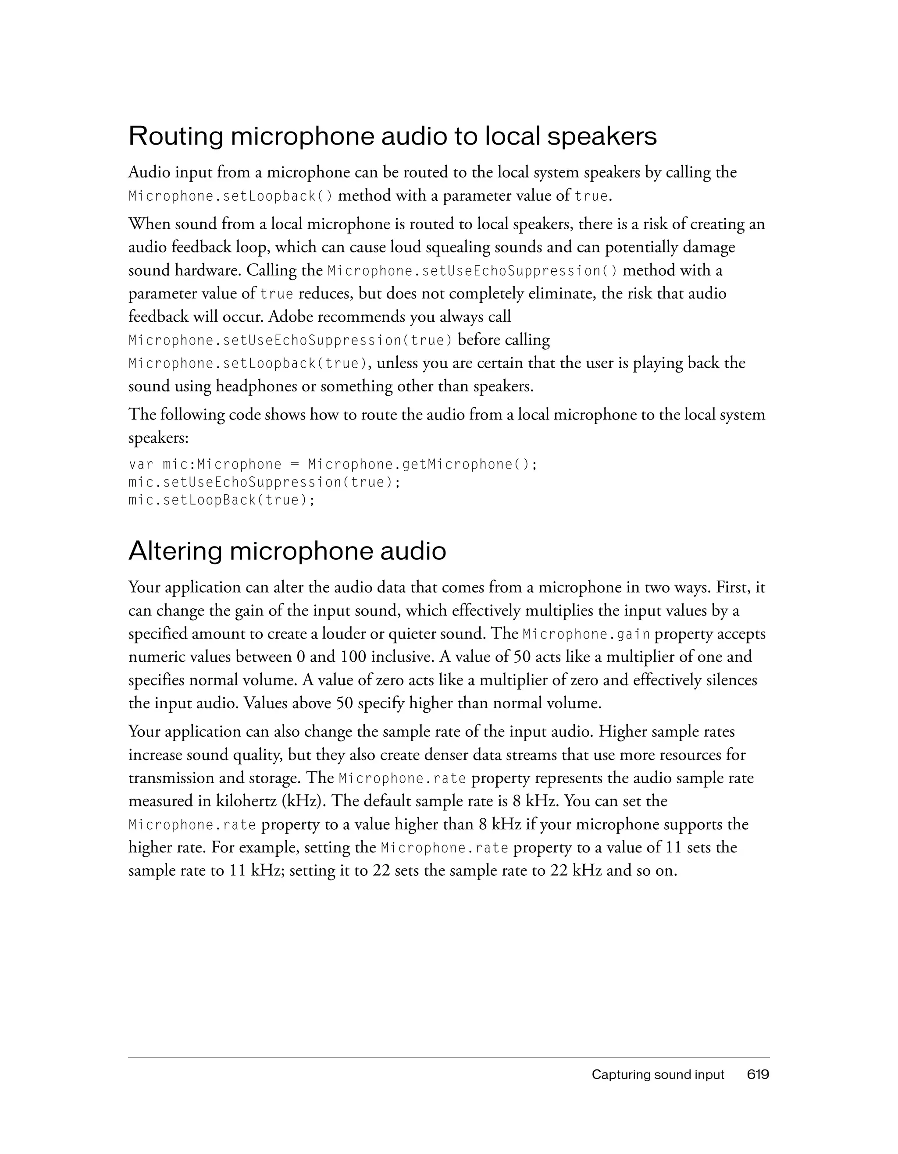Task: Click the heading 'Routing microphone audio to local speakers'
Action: pyautogui.click(x=392, y=136)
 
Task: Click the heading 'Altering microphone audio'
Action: pyautogui.click(x=287, y=551)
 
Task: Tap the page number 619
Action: pyautogui.click(x=758, y=1074)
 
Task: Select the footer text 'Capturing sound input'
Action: pyautogui.click(x=658, y=1074)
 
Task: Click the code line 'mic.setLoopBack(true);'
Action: pyautogui.click(x=221, y=500)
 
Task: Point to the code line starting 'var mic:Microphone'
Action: pyautogui.click(x=333, y=465)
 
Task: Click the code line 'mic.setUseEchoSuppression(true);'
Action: pyautogui.click(x=264, y=482)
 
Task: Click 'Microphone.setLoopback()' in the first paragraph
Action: pyautogui.click(x=231, y=196)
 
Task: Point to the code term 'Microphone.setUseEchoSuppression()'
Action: pyautogui.click(x=473, y=271)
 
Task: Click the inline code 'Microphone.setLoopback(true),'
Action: pyautogui.click(x=249, y=363)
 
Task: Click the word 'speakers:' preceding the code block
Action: pyautogui.click(x=158, y=438)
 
